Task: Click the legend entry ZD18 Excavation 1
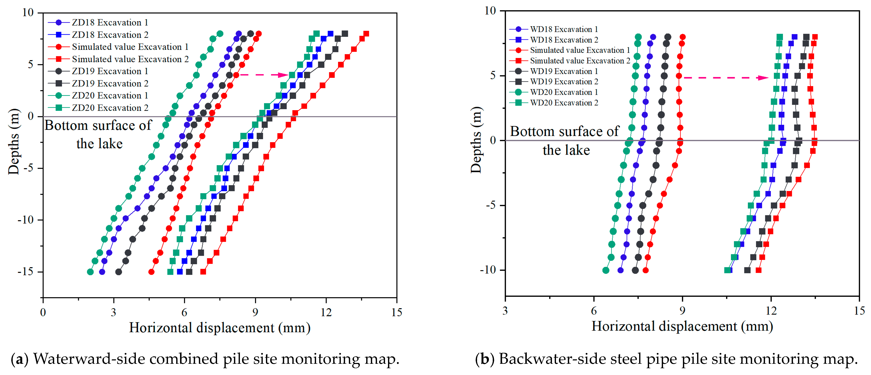[110, 23]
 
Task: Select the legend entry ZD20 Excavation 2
[110, 108]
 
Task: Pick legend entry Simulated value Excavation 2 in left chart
[130, 59]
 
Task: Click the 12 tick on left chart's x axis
[326, 312]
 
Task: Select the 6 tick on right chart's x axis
[594, 311]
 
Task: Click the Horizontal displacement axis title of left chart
[220, 328]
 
